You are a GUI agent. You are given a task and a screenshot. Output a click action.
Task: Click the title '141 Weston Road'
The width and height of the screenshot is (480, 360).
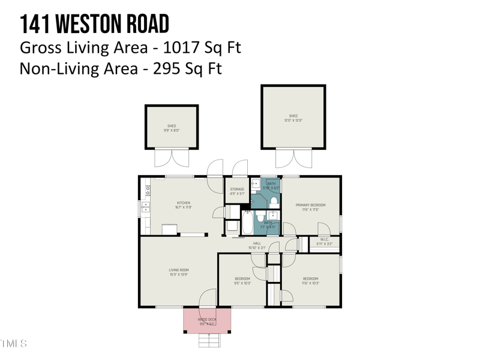pyautogui.click(x=94, y=24)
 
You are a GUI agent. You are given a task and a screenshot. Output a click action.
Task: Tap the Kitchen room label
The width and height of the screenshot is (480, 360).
pyautogui.click(x=184, y=205)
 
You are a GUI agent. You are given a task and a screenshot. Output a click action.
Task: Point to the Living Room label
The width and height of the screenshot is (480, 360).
pyautogui.click(x=179, y=272)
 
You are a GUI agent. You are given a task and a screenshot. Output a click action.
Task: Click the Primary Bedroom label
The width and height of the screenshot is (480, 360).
pyautogui.click(x=310, y=207)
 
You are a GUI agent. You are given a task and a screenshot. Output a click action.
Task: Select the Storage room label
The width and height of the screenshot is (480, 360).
pyautogui.click(x=237, y=191)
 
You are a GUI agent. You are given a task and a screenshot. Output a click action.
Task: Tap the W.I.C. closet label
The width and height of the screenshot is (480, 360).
pyautogui.click(x=324, y=242)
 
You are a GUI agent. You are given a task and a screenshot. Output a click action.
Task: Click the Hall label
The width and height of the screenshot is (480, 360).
pyautogui.click(x=257, y=245)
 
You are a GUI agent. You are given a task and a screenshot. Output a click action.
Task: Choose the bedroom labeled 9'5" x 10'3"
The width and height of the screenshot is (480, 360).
pyautogui.click(x=242, y=280)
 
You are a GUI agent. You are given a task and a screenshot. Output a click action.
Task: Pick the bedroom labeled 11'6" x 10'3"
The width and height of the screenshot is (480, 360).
pyautogui.click(x=310, y=280)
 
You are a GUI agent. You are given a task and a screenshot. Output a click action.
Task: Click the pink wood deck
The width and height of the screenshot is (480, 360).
pyautogui.click(x=207, y=320)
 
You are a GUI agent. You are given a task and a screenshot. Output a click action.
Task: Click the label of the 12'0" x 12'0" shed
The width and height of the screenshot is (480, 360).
pyautogui.click(x=293, y=118)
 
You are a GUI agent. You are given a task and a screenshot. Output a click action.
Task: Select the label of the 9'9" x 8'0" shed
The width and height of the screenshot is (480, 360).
pyautogui.click(x=172, y=128)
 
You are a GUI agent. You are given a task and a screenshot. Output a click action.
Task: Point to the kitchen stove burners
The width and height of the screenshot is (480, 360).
pyautogui.click(x=148, y=191)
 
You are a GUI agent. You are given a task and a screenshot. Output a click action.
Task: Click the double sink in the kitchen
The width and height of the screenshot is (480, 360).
pyautogui.click(x=146, y=209)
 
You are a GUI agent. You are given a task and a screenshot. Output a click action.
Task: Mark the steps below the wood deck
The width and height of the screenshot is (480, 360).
pyautogui.click(x=209, y=340)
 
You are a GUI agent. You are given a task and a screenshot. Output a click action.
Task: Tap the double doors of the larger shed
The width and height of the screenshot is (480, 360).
pyautogui.click(x=293, y=158)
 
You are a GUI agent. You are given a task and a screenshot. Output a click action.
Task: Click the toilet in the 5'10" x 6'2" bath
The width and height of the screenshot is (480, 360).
pyautogui.click(x=274, y=201)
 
